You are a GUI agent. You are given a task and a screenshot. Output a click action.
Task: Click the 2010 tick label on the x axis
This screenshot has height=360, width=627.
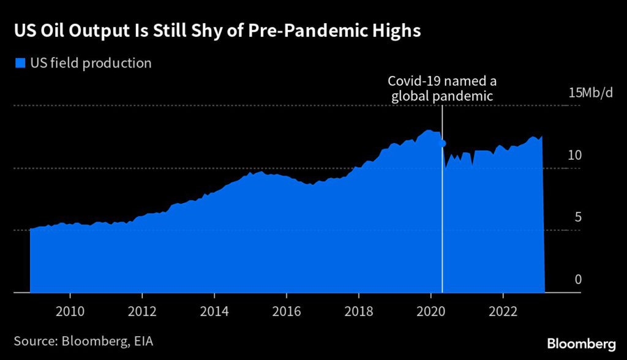70,310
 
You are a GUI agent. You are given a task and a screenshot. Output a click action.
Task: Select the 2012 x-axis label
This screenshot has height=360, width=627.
142,310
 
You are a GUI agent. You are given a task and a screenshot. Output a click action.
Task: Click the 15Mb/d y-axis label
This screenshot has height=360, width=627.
590,94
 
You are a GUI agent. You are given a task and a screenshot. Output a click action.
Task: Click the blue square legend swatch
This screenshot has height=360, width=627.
20,62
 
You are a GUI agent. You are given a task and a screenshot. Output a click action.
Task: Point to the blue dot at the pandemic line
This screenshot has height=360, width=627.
443,143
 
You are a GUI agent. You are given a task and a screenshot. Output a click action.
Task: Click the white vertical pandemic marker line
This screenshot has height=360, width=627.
442,233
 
